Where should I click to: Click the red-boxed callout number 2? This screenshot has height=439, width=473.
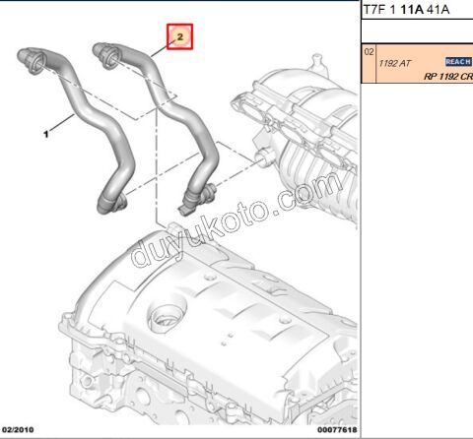tap(179, 36)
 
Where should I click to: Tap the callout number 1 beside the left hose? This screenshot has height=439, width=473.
tap(44, 129)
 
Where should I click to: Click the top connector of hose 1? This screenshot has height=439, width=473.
tap(30, 61)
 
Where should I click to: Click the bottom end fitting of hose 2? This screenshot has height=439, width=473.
tap(190, 206)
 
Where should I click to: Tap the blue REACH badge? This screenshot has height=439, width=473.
tap(458, 61)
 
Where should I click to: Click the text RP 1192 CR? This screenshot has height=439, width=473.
tap(448, 76)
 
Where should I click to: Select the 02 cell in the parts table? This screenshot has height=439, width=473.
tap(370, 50)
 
